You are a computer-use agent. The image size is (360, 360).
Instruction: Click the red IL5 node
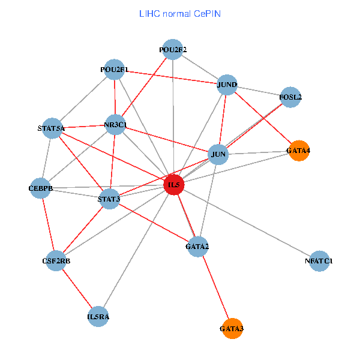point(174,185)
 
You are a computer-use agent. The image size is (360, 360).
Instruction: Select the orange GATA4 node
point(298,151)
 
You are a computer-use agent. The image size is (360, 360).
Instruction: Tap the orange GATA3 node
point(232,329)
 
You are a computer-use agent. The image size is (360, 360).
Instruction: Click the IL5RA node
point(98,316)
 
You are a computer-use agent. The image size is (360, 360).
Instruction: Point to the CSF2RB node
point(55,261)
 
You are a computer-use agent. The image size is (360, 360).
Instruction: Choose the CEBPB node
point(41,188)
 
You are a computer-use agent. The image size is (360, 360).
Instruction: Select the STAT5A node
point(52,128)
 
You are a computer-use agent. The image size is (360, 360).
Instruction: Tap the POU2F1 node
point(114,70)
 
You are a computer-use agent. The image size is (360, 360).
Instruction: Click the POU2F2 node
point(173,50)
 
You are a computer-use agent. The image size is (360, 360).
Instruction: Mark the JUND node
point(227,85)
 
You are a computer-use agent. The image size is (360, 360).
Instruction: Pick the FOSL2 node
point(290,97)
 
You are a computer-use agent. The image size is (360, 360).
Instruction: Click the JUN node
point(219,154)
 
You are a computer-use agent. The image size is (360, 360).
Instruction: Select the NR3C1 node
point(115,125)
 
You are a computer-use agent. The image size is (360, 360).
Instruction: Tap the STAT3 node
point(109,199)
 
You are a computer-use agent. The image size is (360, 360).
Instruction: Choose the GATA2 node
point(198,247)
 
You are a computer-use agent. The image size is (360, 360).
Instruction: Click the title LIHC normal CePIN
point(179,13)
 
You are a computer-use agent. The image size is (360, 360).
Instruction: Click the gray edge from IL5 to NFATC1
point(247,223)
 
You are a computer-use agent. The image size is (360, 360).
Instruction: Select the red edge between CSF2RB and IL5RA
point(77,289)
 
